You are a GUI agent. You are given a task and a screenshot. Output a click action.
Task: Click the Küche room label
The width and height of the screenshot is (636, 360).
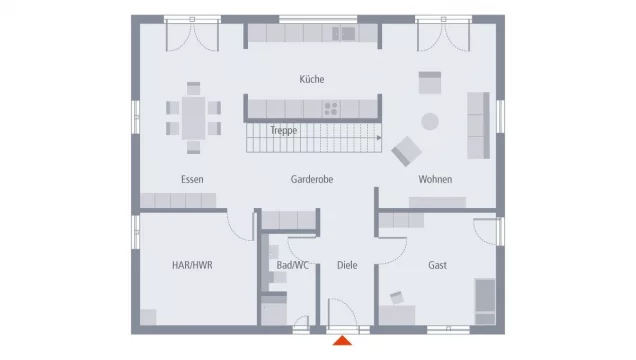coord(312,79)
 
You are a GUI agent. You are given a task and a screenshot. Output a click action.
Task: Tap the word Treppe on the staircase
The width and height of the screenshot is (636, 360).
coord(283,130)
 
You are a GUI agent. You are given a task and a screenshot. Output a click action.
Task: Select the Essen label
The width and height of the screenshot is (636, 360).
coord(192,179)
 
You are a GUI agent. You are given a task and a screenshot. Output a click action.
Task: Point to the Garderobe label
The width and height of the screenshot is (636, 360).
coord(312,179)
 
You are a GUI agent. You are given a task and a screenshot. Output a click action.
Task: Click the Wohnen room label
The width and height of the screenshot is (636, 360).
coord(435,179)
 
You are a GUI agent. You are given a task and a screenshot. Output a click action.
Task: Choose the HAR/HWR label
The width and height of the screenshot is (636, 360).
coord(192,265)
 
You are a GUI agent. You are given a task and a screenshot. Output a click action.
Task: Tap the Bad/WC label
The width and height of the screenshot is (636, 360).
coord(293,265)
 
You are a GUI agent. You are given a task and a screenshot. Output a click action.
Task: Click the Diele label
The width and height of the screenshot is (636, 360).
coord(346,265)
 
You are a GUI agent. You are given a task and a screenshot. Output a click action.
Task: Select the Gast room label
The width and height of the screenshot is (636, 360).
coord(438,265)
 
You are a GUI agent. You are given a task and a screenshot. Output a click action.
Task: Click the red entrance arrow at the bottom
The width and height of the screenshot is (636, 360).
coord(343,341)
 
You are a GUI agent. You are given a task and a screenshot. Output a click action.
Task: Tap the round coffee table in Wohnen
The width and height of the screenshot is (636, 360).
coord(430,121)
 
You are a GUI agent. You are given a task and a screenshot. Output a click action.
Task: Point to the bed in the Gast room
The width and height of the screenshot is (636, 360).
coord(484,301)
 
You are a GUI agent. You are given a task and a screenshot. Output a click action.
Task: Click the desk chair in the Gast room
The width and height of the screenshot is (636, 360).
coord(397,297)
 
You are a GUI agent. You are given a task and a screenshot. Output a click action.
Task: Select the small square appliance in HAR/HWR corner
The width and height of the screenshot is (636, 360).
coord(148,317)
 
